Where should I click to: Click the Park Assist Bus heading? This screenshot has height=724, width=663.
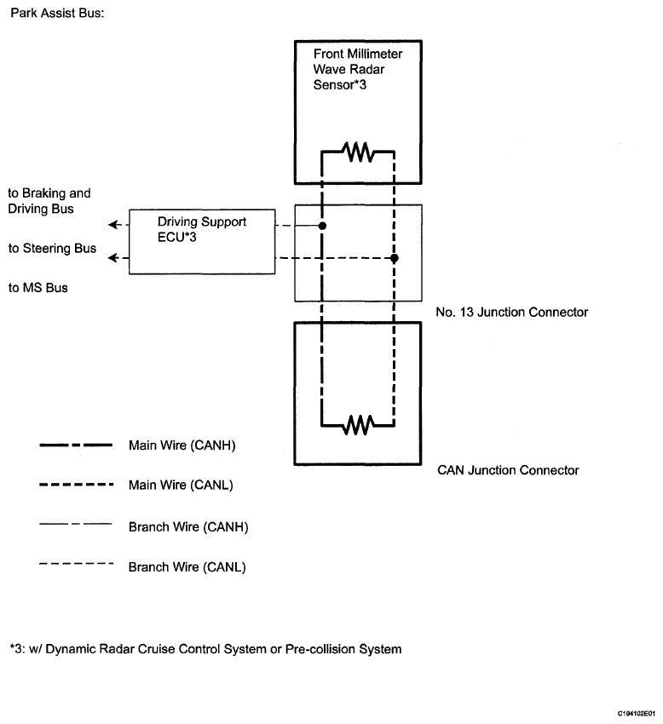tap(57, 13)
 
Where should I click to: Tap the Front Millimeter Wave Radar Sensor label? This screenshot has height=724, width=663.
tap(358, 69)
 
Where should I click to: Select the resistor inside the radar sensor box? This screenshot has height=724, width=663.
tap(358, 152)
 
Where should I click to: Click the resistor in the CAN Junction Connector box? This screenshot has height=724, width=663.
tap(358, 425)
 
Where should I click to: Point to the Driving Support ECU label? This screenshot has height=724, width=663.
tap(202, 229)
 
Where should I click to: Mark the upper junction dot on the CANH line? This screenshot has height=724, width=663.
tap(322, 226)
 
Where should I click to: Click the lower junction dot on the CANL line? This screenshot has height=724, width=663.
tap(394, 258)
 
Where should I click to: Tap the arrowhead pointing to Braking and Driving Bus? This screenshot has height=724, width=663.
tap(112, 225)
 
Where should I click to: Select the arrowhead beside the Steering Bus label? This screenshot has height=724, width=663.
tap(112, 257)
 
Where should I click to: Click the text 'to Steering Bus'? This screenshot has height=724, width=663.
tap(52, 249)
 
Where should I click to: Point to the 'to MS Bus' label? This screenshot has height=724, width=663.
tap(37, 288)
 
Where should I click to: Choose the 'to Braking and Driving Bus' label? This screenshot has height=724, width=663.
tap(49, 201)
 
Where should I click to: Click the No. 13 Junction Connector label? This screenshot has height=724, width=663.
tap(511, 312)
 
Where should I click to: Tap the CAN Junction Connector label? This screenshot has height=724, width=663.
tap(508, 470)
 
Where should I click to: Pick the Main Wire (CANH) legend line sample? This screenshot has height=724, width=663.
tap(76, 445)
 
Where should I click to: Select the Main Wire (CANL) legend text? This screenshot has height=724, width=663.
tap(181, 486)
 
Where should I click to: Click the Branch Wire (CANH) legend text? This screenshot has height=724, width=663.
tap(188, 527)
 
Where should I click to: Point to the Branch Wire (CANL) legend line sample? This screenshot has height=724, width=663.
tap(76, 563)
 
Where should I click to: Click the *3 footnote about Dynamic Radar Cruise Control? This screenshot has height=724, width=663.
tap(205, 649)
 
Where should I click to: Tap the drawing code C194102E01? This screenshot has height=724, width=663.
tap(637, 714)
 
